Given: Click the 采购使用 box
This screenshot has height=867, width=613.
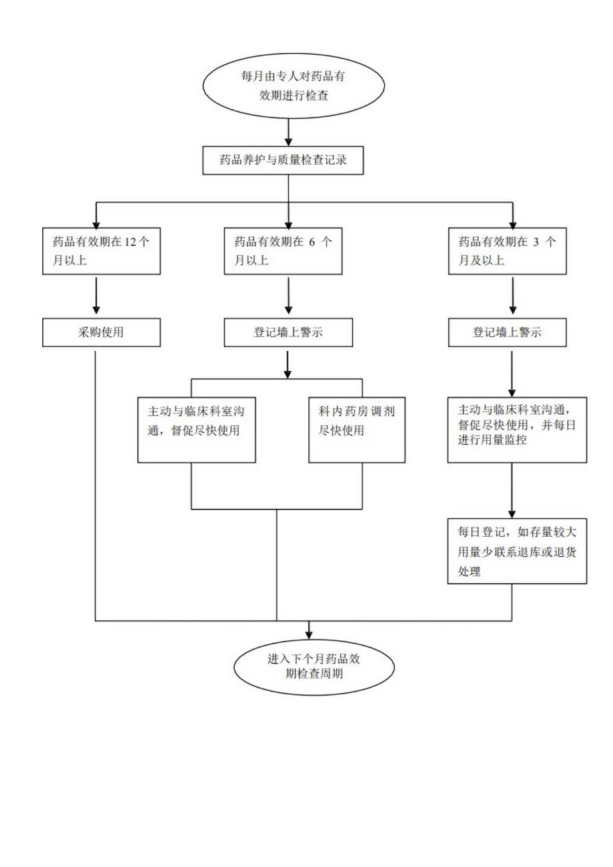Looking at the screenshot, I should point(101,333).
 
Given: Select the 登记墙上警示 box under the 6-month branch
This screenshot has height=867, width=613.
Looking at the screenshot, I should point(288,333).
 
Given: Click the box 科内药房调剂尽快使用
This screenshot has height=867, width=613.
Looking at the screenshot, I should point(356,421).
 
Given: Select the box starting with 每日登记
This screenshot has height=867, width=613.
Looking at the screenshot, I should point(517,551).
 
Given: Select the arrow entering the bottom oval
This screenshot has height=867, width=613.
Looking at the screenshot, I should point(309,630).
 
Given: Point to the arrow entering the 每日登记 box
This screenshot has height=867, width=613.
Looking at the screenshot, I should point(511,493).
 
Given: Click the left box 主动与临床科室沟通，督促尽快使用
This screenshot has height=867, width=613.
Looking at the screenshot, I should point(198,421).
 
